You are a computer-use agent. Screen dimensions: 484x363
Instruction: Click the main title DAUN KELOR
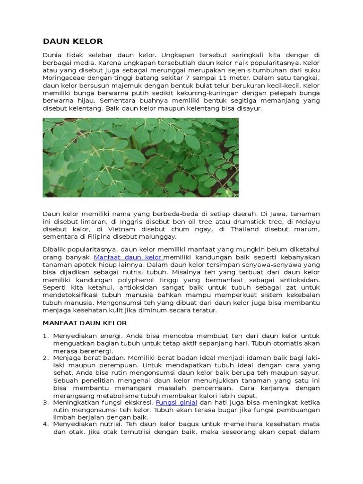(x=73, y=41)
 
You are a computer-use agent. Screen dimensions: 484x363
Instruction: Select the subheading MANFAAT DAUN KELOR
(x=85, y=323)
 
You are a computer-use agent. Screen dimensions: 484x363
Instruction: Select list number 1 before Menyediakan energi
(x=45, y=336)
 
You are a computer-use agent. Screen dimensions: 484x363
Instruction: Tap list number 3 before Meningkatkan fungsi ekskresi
(x=45, y=402)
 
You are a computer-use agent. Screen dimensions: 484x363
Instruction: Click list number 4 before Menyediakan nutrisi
(x=45, y=424)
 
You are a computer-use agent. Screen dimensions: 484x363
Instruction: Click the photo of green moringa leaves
(x=140, y=157)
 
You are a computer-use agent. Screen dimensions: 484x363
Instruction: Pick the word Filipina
(x=96, y=236)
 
